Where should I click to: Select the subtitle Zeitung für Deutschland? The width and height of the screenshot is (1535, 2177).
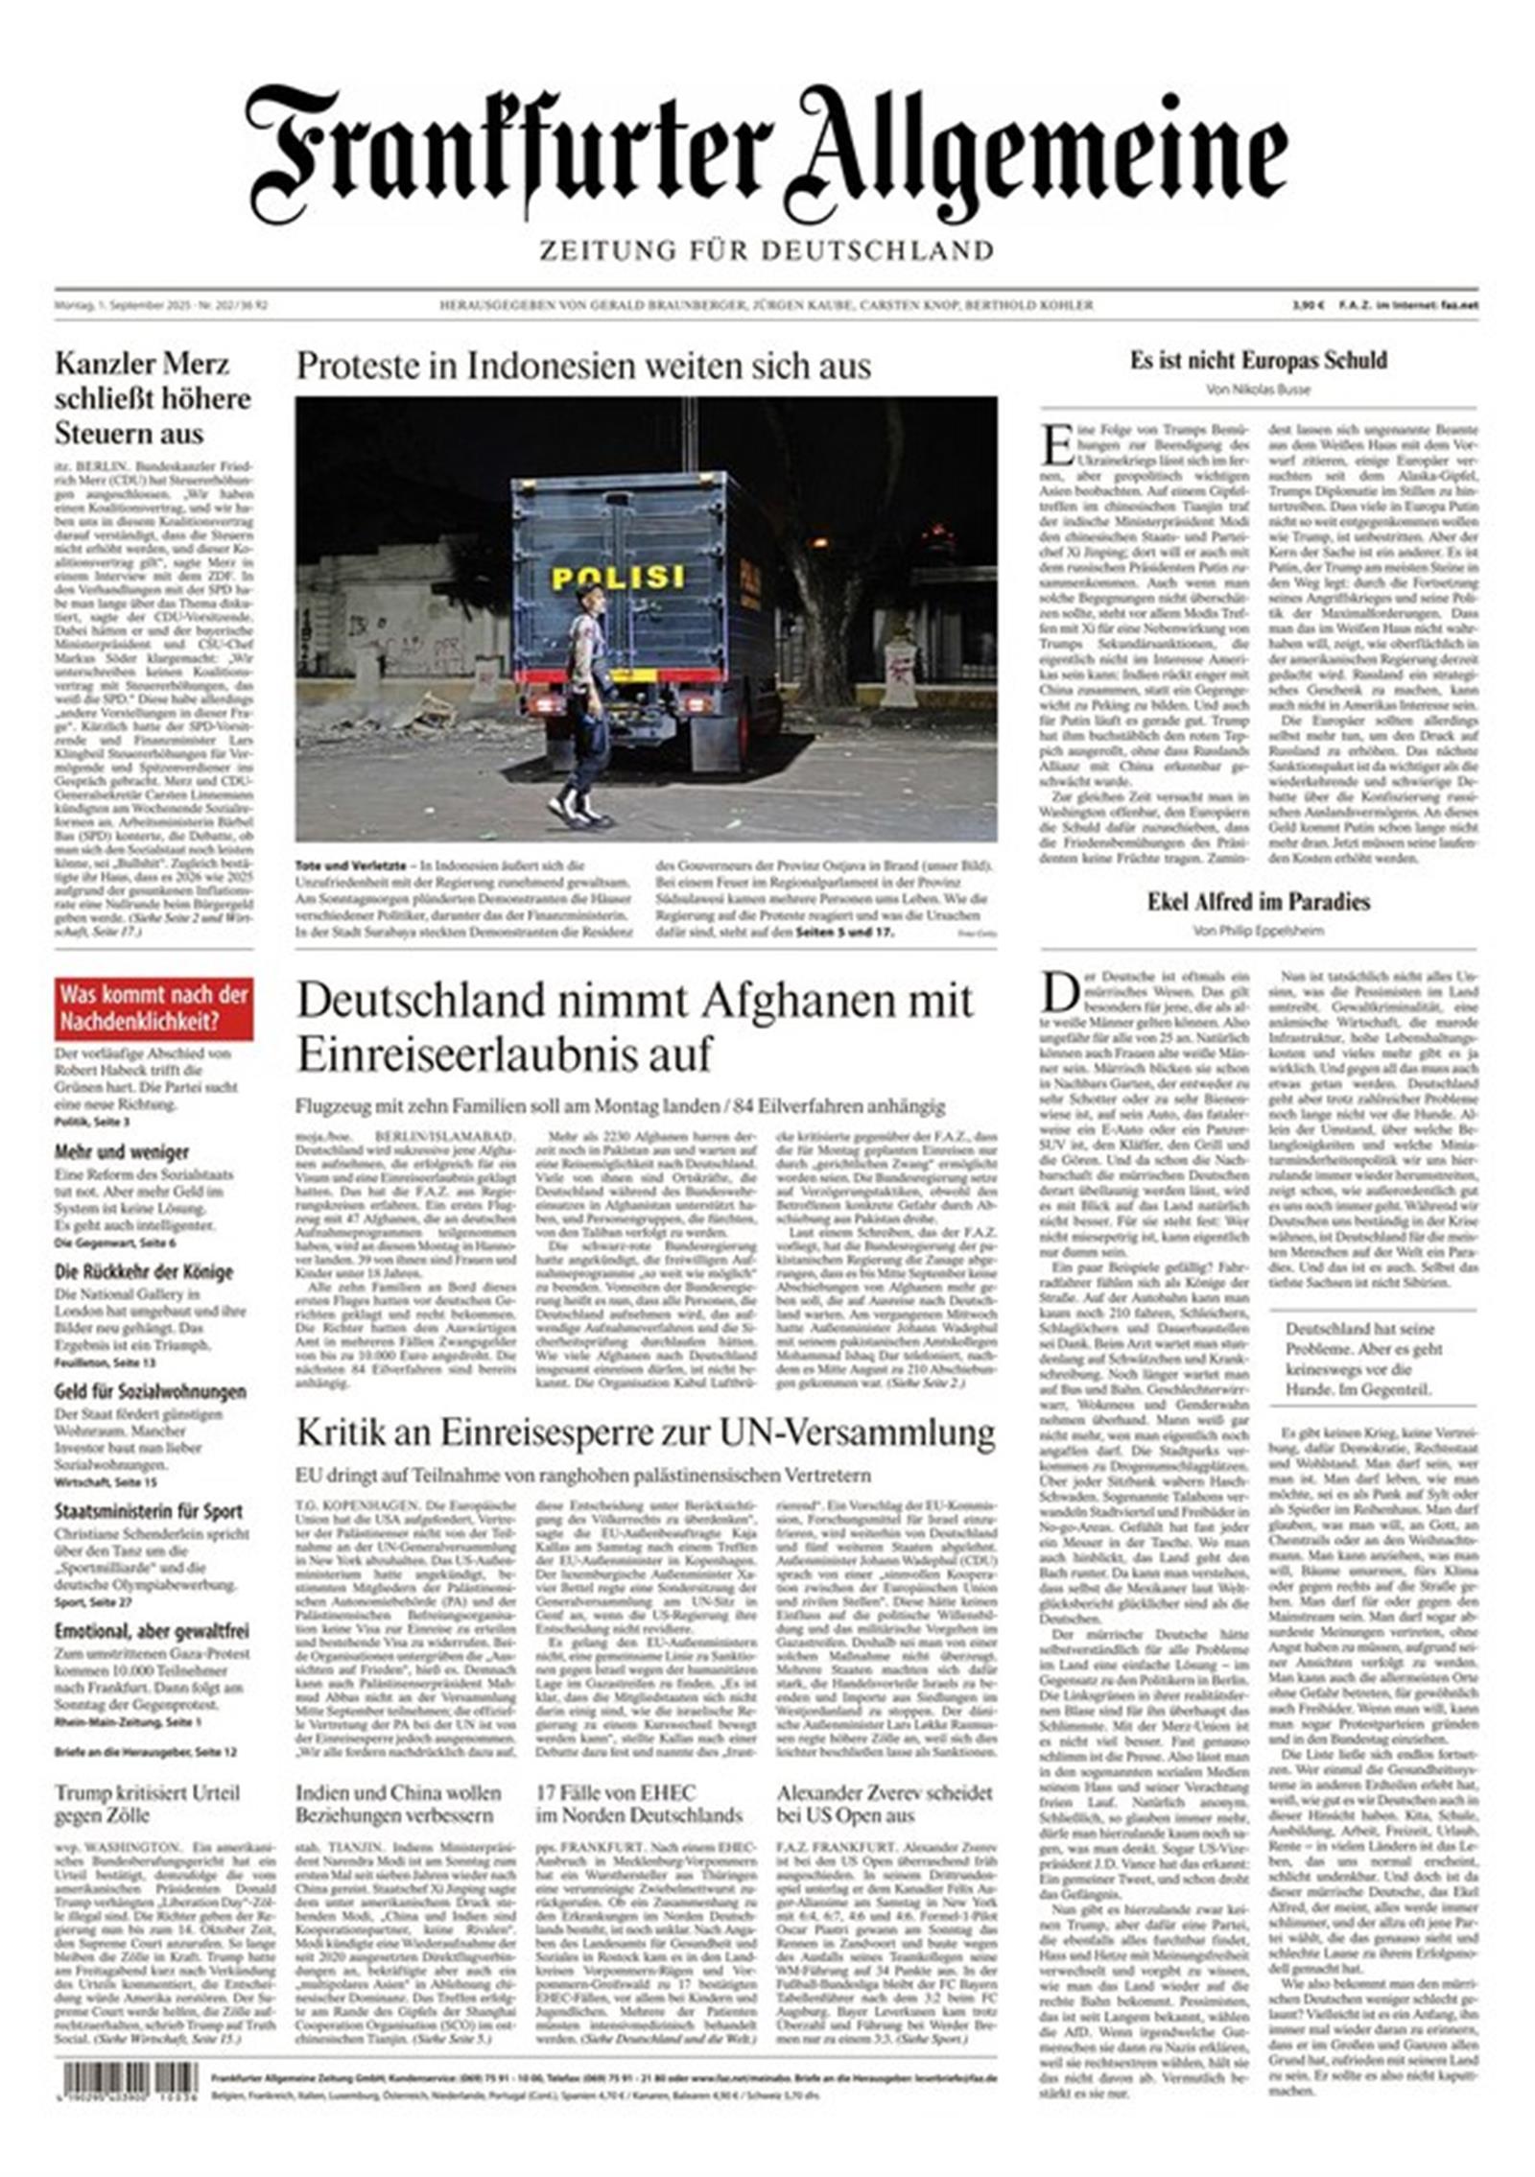766,251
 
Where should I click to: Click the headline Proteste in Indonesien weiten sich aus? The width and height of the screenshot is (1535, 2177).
583,367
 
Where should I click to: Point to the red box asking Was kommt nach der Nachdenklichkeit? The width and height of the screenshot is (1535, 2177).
153,1008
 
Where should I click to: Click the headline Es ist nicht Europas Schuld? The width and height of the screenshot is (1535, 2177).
1258,361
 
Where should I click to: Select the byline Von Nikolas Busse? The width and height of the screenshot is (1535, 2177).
1258,390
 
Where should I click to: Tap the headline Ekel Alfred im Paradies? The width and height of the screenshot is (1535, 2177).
1258,902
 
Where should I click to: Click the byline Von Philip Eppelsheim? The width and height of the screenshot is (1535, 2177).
1258,931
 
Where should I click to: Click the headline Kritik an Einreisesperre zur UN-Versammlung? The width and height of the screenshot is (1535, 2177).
645,1433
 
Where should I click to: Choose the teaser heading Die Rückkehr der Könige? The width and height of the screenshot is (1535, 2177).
143,1272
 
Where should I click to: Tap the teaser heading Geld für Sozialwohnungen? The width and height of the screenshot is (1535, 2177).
150,1391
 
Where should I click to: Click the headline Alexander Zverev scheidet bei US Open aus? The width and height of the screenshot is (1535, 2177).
884,1805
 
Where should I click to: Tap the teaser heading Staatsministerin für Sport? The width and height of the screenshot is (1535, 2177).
149,1511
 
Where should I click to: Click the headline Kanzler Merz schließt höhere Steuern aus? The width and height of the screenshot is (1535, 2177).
153,398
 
